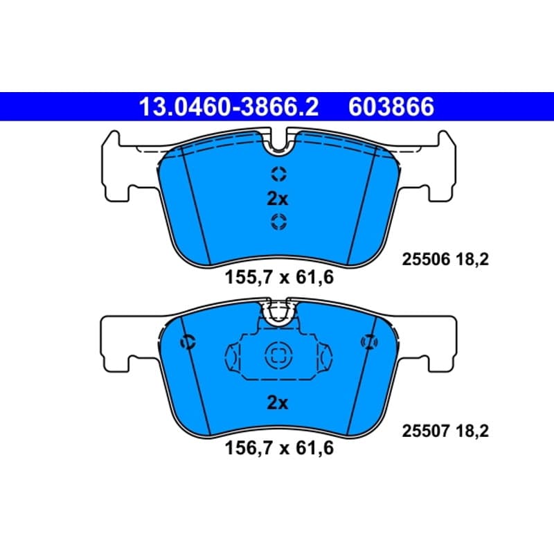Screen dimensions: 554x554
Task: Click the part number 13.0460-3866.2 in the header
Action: [229, 107]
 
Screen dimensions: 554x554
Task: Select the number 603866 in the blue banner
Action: [391, 107]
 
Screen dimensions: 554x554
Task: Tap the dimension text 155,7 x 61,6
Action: [279, 277]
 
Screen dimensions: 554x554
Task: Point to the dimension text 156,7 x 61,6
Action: [279, 448]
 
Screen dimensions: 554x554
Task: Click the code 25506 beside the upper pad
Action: [426, 260]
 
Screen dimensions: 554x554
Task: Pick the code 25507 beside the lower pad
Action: [426, 431]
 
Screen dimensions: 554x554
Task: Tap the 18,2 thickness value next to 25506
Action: [472, 260]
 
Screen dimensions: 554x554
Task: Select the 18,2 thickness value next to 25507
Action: [472, 431]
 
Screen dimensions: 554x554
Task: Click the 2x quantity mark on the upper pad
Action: [278, 199]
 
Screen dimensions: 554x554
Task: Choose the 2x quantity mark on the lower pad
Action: [278, 402]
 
